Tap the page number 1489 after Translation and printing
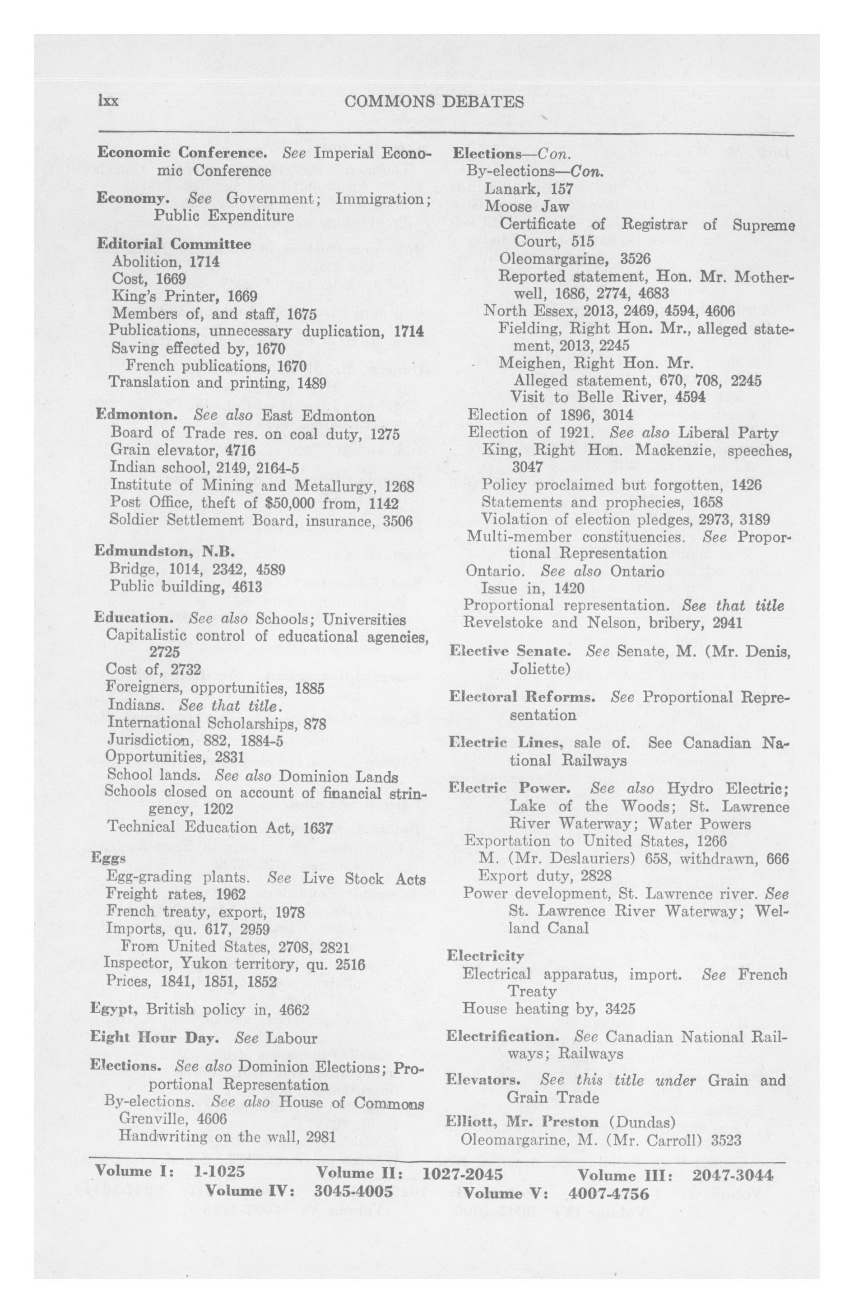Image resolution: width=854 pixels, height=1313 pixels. point(311,382)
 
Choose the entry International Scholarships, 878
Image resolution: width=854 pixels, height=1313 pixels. point(217,723)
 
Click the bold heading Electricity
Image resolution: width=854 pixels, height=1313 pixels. point(485,955)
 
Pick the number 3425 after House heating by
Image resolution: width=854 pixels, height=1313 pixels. point(620,1009)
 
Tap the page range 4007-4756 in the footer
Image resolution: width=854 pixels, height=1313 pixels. point(608,1193)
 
